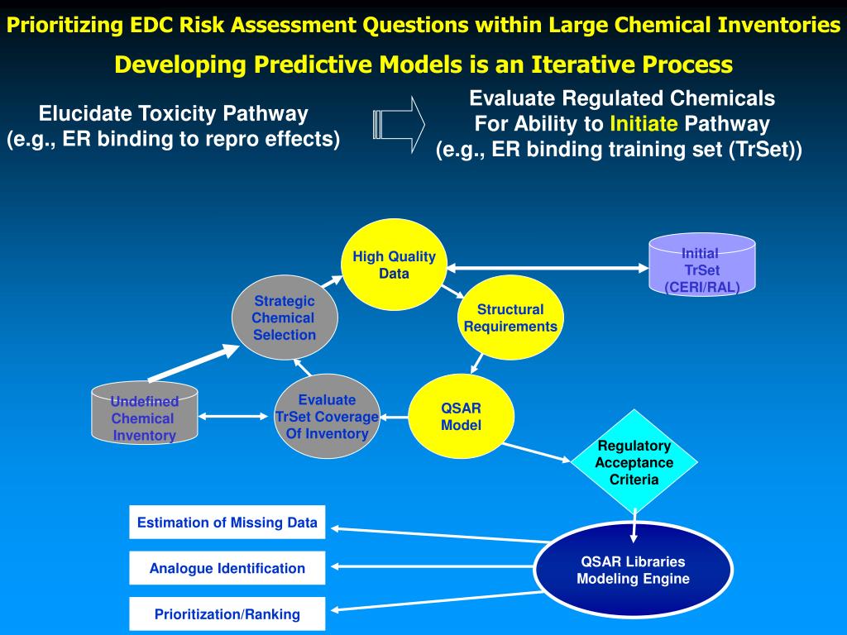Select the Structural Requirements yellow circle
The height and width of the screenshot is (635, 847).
(510, 317)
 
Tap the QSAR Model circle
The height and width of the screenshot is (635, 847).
(461, 417)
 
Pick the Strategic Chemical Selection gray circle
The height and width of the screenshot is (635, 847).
(285, 317)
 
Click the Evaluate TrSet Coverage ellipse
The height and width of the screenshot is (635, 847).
(327, 417)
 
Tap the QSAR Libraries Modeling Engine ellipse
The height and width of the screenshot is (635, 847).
(633, 570)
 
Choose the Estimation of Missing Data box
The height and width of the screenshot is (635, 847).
(227, 523)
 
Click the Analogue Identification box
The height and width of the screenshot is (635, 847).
(227, 568)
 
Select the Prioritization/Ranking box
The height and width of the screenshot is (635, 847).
(227, 614)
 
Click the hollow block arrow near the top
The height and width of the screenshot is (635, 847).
(400, 124)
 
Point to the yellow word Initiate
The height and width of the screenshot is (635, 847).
(644, 125)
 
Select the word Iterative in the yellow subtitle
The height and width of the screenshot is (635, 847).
(587, 64)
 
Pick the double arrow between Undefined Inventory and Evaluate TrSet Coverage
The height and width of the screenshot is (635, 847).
(236, 417)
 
